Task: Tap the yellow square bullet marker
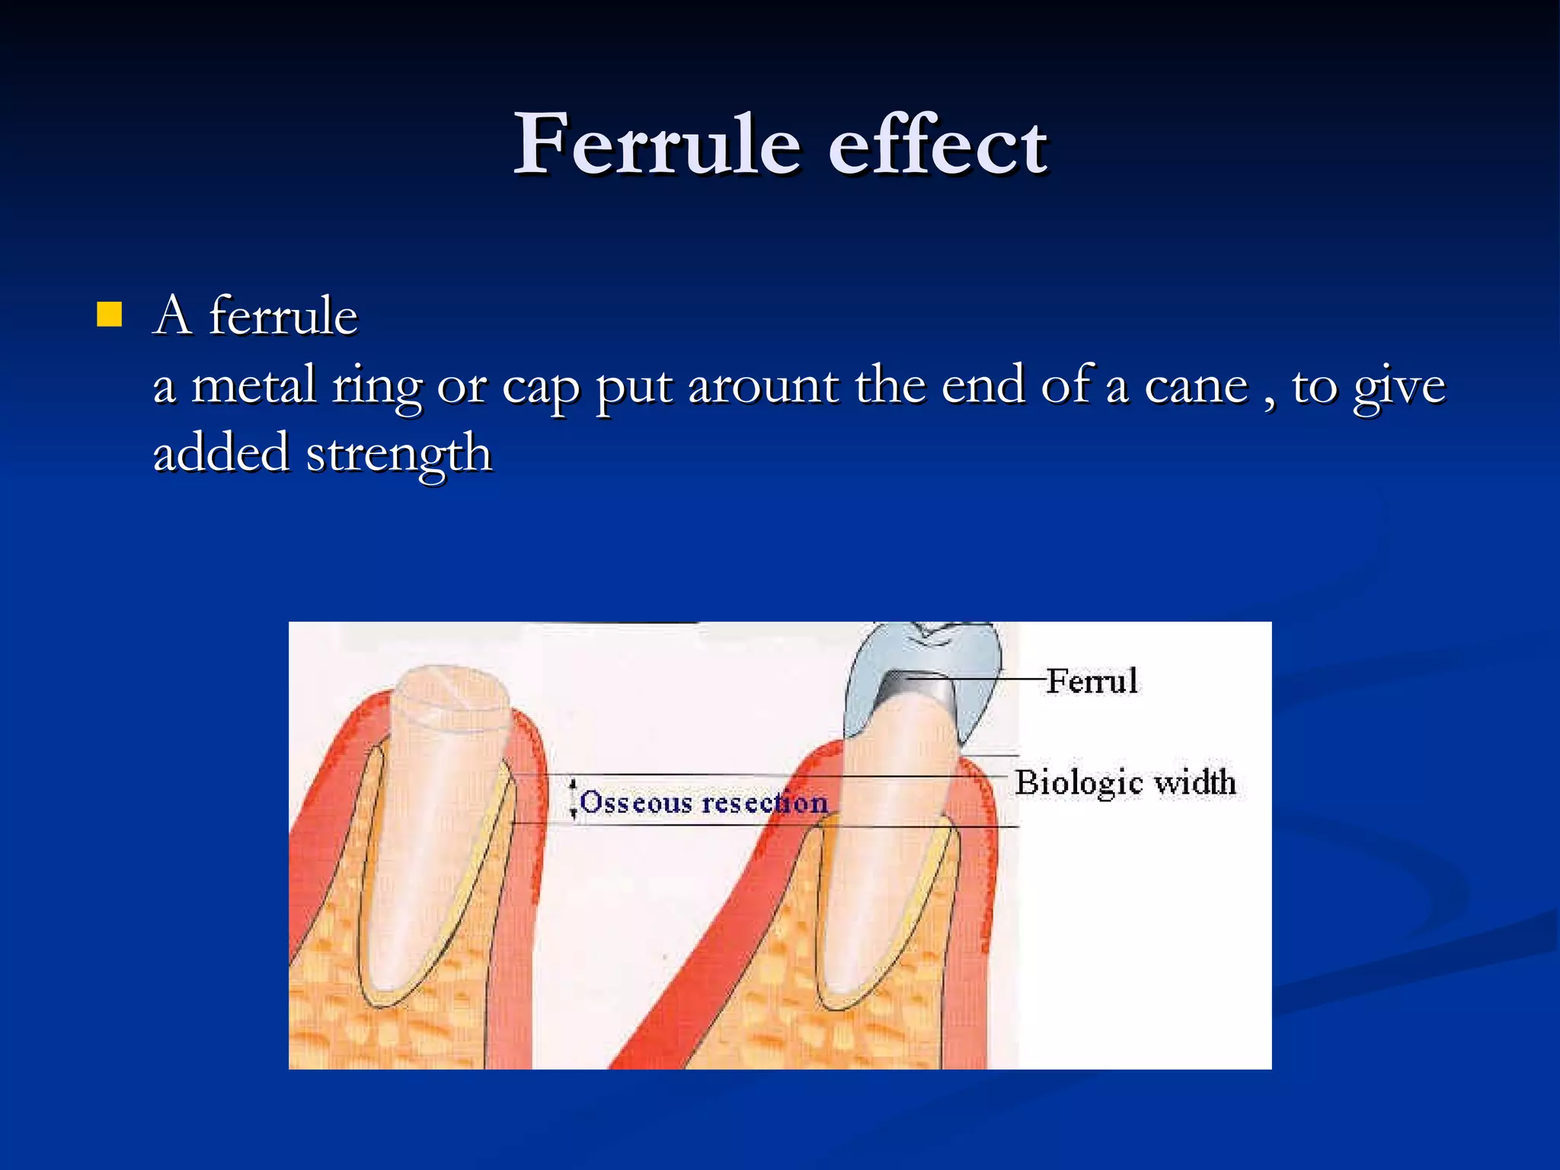[x=110, y=315]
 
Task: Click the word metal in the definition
[x=253, y=385]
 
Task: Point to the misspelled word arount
[x=764, y=385]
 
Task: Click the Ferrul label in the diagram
[x=1092, y=681]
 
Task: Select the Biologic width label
[x=1124, y=782]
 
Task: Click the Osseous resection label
[x=703, y=802]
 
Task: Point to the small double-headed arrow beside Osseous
[x=574, y=798]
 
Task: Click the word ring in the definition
[x=376, y=387]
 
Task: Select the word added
[x=220, y=453]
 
